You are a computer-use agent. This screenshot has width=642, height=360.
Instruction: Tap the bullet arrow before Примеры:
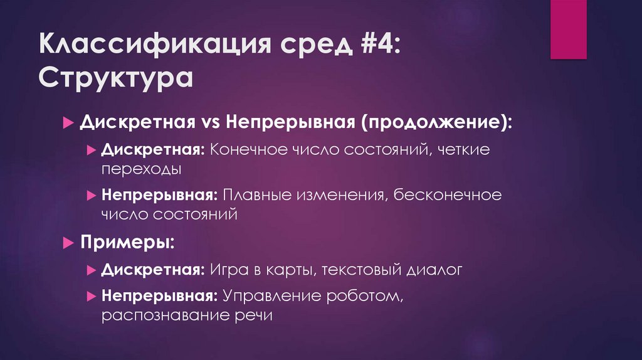pyautogui.click(x=68, y=242)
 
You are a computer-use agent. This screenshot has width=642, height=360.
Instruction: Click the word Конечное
pyautogui.click(x=248, y=151)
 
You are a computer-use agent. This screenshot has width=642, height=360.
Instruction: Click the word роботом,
pyautogui.click(x=368, y=295)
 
